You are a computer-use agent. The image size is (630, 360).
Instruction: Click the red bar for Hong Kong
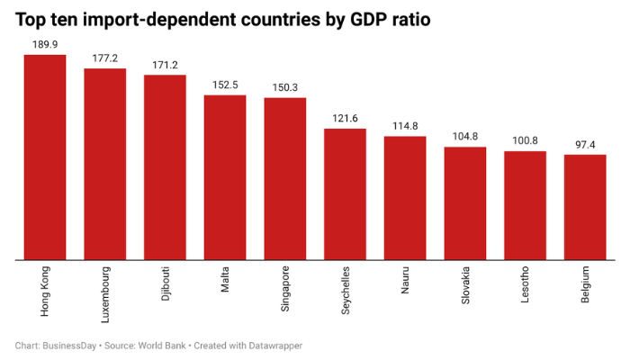[45, 157]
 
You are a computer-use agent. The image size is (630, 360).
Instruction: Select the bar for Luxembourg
[104, 165]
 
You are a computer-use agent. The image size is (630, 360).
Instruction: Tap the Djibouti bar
[165, 167]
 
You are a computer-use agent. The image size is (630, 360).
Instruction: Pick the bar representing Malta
[225, 177]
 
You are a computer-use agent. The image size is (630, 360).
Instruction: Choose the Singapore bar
[284, 179]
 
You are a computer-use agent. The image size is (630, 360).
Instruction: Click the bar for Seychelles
[345, 194]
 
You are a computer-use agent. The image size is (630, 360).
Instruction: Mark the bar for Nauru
[405, 198]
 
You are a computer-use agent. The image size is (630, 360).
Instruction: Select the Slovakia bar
[465, 203]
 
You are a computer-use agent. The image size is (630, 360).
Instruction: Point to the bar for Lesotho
[525, 206]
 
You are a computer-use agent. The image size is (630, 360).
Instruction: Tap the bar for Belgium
[585, 208]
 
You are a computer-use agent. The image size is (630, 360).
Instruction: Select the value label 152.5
[225, 84]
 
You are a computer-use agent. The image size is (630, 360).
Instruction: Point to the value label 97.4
[585, 143]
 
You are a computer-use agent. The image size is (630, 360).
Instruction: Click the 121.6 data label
[345, 117]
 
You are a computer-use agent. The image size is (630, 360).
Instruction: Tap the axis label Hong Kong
[45, 291]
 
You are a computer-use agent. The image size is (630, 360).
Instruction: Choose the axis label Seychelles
[345, 290]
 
